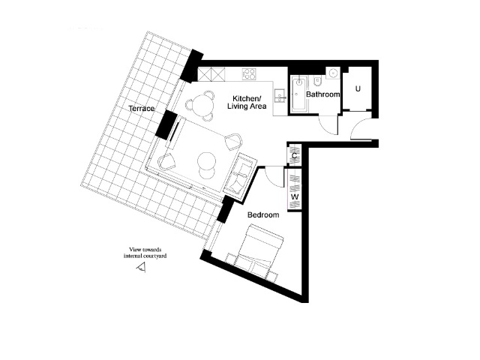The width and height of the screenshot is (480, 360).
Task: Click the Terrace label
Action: pos(142,109)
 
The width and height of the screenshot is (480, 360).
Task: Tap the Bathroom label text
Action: pos(323,94)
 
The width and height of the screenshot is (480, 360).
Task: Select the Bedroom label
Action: pos(263,215)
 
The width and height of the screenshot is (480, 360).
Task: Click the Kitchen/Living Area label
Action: pos(247,102)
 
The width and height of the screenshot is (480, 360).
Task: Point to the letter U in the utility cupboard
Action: pos(358,88)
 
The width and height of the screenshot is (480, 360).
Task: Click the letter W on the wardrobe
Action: pos(295,196)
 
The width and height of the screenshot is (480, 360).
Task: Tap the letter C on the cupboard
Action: pos(295,156)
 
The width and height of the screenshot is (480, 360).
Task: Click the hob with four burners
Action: pos(249,74)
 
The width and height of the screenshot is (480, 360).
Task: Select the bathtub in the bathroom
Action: pos(298,94)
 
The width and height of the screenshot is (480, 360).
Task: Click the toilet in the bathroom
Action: pos(317,82)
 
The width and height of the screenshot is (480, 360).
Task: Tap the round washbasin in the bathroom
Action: pos(332,73)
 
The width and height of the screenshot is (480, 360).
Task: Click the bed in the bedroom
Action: pos(256,252)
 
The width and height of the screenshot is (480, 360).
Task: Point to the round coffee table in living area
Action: pos(207,161)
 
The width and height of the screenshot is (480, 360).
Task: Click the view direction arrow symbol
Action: pos(141,267)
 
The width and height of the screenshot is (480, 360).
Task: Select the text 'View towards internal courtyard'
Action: pos(145,253)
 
